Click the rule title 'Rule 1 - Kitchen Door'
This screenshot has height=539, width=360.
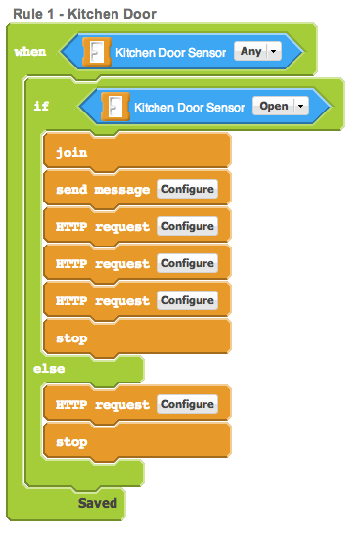coord(84,14)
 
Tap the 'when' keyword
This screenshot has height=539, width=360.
coord(30,52)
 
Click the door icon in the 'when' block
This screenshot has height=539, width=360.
coord(97,52)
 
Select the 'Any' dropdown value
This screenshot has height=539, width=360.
coord(251,51)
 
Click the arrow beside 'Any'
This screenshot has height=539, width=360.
coord(274,52)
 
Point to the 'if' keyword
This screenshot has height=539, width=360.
coord(41,106)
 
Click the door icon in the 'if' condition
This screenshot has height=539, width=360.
coord(115,107)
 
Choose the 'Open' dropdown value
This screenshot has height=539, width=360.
coord(274,106)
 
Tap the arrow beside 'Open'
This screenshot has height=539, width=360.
coord(301,107)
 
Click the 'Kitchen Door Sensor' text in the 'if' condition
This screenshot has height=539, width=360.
coord(189,108)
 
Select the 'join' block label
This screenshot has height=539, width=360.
coord(71,152)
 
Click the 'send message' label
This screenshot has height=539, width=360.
coord(103,190)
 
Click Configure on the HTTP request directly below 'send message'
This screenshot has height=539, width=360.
coord(188,226)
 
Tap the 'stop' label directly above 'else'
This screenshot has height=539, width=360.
coord(71,338)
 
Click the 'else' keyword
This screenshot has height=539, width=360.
coord(49,369)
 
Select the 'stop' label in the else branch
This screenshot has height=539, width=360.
coord(71,442)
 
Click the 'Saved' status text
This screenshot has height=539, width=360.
coord(98,503)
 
